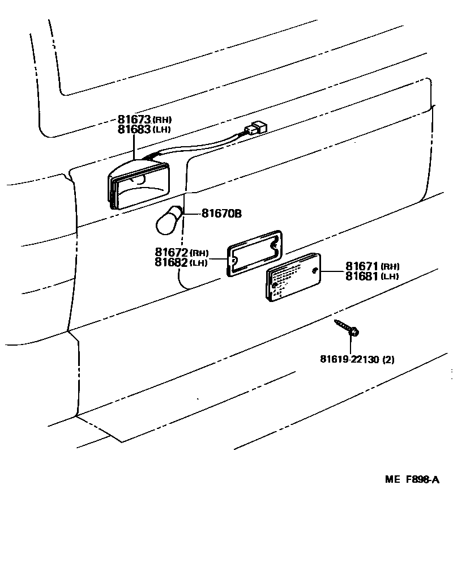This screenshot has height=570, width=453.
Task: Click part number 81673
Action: pos(134,120)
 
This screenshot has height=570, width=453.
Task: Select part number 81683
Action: pos(134,129)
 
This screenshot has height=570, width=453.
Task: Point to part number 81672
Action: pos(171,252)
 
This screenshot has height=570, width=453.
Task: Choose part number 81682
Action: pos(171,262)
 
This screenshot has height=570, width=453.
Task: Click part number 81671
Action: pos(362,266)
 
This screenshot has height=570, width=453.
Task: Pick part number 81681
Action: pos(362,276)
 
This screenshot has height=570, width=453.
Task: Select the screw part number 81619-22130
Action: pos(349,359)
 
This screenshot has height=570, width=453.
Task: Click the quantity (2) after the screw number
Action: pos(388,359)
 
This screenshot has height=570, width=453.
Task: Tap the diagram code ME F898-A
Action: pos(412,480)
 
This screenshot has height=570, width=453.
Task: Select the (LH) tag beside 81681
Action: pos(390,277)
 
